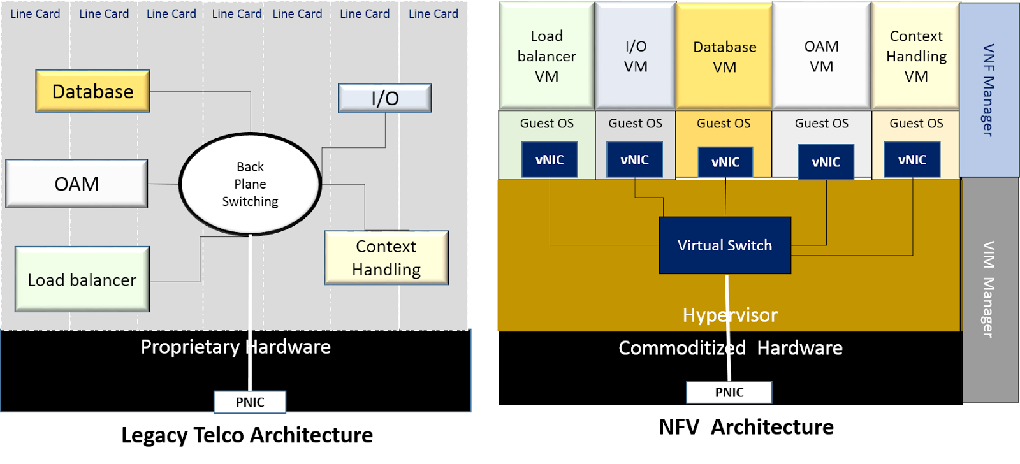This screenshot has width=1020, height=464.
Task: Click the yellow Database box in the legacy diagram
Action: pyautogui.click(x=92, y=91)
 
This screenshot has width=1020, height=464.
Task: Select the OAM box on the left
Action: pyautogui.click(x=76, y=184)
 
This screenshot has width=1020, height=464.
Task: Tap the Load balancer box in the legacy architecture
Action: pyautogui.click(x=82, y=279)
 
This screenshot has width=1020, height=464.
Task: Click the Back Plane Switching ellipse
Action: pyautogui.click(x=250, y=184)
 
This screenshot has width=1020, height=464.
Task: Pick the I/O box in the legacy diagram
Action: pyautogui.click(x=384, y=98)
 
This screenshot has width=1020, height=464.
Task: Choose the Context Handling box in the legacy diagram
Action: pyautogui.click(x=386, y=257)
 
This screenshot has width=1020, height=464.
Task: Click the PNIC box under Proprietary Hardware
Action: pyautogui.click(x=249, y=402)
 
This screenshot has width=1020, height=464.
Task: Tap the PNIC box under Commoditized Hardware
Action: pyautogui.click(x=729, y=392)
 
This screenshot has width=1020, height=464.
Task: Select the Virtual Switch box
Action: pyautogui.click(x=725, y=245)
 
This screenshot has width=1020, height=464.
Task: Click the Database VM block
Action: pyautogui.click(x=724, y=56)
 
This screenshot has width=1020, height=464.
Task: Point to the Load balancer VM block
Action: pyautogui.click(x=546, y=56)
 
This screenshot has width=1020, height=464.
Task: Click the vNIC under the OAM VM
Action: pyautogui.click(x=826, y=162)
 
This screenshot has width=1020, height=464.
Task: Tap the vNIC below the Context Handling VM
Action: pyautogui.click(x=912, y=159)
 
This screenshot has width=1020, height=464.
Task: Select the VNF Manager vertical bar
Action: pyautogui.click(x=988, y=90)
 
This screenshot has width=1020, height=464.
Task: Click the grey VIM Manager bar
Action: pyautogui.click(x=989, y=289)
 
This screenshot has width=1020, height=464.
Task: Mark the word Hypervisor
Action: pyautogui.click(x=730, y=315)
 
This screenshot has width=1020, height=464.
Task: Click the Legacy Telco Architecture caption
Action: pyautogui.click(x=247, y=435)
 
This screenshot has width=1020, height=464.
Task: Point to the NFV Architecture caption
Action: pyautogui.click(x=746, y=426)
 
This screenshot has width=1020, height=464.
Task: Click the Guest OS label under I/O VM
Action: pyautogui.click(x=635, y=123)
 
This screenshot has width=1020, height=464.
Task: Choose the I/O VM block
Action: pyautogui.click(x=635, y=56)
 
